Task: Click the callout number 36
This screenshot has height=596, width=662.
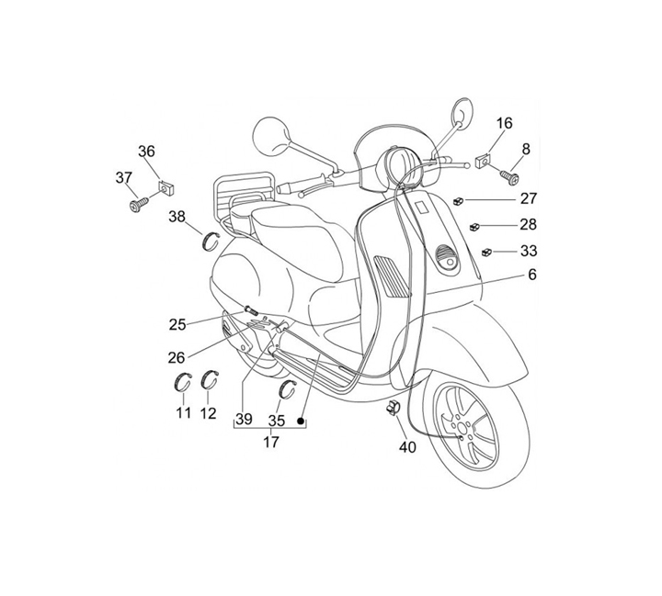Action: coord(147,152)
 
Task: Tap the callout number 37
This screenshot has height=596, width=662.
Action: coord(122,177)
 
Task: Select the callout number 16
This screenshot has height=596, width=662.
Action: coord(505,123)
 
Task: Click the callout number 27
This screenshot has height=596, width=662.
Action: coord(529,198)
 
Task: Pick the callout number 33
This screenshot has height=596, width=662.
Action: coord(529,250)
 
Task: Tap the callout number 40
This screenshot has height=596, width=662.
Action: coord(406,447)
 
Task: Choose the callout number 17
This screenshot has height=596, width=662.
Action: coord(270,441)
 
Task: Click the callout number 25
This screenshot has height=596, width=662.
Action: coord(177,323)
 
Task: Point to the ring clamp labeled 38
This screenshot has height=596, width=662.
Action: coord(211,242)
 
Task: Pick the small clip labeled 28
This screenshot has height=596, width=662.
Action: coord(475,225)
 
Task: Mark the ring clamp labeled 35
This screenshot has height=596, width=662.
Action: coord(286,388)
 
